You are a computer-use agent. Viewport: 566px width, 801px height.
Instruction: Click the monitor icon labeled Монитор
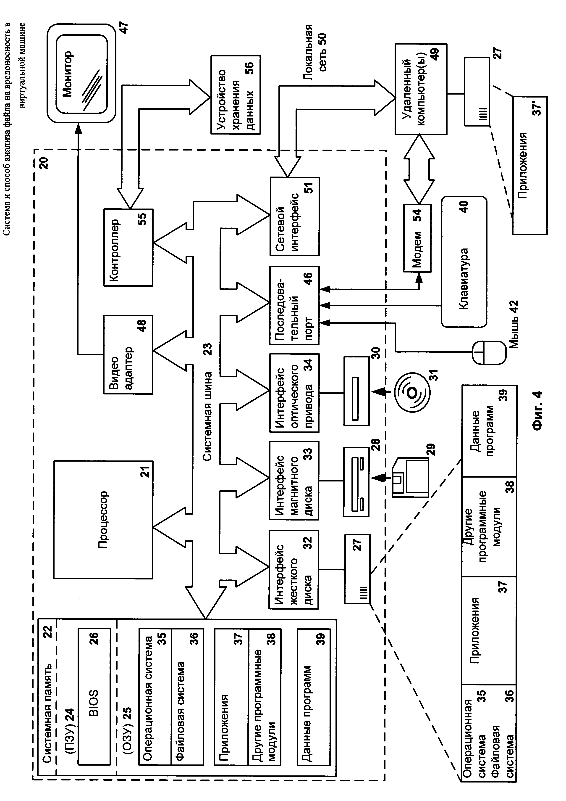coord(81,73)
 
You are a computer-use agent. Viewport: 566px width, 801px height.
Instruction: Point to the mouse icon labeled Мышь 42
coord(488,353)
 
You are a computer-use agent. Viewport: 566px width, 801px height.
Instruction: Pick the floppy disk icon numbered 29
coord(410,478)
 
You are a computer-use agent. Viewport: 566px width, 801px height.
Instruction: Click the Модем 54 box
coord(417,238)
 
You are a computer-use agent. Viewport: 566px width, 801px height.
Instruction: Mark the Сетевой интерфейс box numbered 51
coord(294,216)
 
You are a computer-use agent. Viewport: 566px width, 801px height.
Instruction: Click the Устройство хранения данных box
coord(236,94)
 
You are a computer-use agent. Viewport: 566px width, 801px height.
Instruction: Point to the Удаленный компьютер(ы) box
coord(421,89)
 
